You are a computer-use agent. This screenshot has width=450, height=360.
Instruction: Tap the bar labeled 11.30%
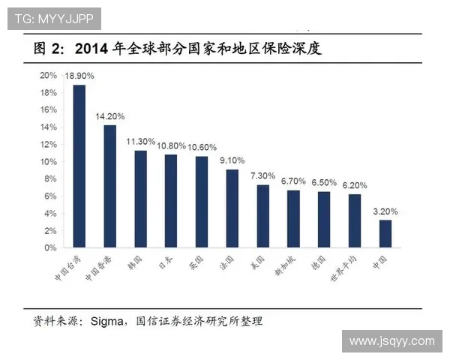[140, 199]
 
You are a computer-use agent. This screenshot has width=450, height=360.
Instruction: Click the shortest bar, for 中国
[385, 233]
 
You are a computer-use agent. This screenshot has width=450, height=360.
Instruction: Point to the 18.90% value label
[79, 76]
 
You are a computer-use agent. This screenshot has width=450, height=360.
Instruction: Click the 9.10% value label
[232, 160]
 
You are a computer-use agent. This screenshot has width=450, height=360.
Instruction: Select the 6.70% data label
[293, 181]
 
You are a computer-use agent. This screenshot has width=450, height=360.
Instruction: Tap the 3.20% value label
[385, 211]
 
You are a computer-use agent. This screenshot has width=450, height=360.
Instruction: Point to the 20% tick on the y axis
[49, 75]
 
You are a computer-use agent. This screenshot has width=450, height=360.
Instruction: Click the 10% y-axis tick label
[49, 161]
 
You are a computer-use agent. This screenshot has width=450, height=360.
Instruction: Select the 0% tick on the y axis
[51, 247]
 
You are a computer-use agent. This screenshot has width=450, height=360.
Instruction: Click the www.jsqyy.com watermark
[391, 341]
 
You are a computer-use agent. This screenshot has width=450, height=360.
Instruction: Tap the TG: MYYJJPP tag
[54, 19]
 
